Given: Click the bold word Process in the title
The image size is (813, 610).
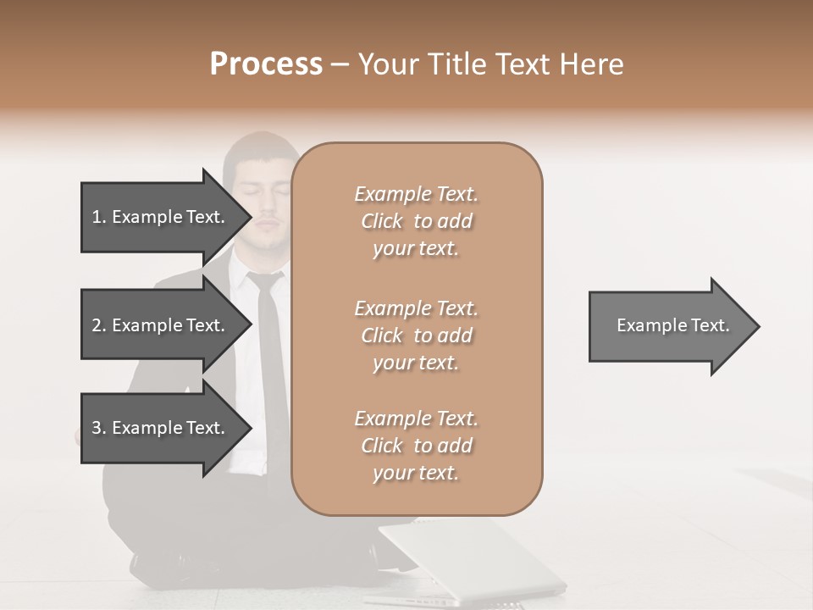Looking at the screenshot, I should click(266, 64).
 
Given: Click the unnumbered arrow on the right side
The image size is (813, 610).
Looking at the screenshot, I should click(672, 326).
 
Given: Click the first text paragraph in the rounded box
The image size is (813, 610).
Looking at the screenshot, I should click(416, 221).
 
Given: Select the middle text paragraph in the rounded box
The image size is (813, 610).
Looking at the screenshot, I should click(416, 335).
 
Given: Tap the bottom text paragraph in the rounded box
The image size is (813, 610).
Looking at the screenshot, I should click(416, 446).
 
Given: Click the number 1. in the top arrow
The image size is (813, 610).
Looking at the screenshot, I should click(99, 217).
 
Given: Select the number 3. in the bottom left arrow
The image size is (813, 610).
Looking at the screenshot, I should click(99, 428).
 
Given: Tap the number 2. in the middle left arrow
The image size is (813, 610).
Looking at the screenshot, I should click(99, 325).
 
